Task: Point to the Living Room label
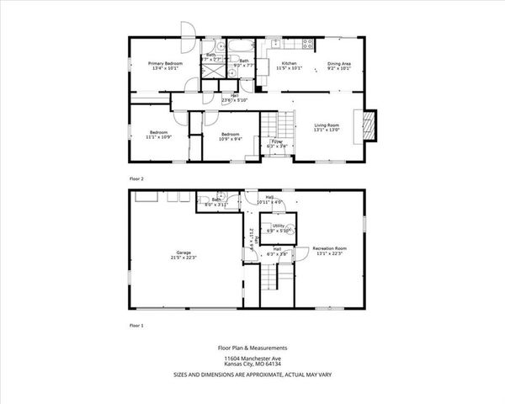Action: (x=327, y=126)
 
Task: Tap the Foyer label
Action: (x=276, y=143)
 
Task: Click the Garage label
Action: (x=183, y=253)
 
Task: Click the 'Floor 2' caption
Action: (x=136, y=179)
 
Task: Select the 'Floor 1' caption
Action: (x=136, y=324)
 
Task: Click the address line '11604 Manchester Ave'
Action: (x=253, y=357)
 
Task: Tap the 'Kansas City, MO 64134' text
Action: (x=253, y=364)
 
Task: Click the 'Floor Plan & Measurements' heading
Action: (x=253, y=347)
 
